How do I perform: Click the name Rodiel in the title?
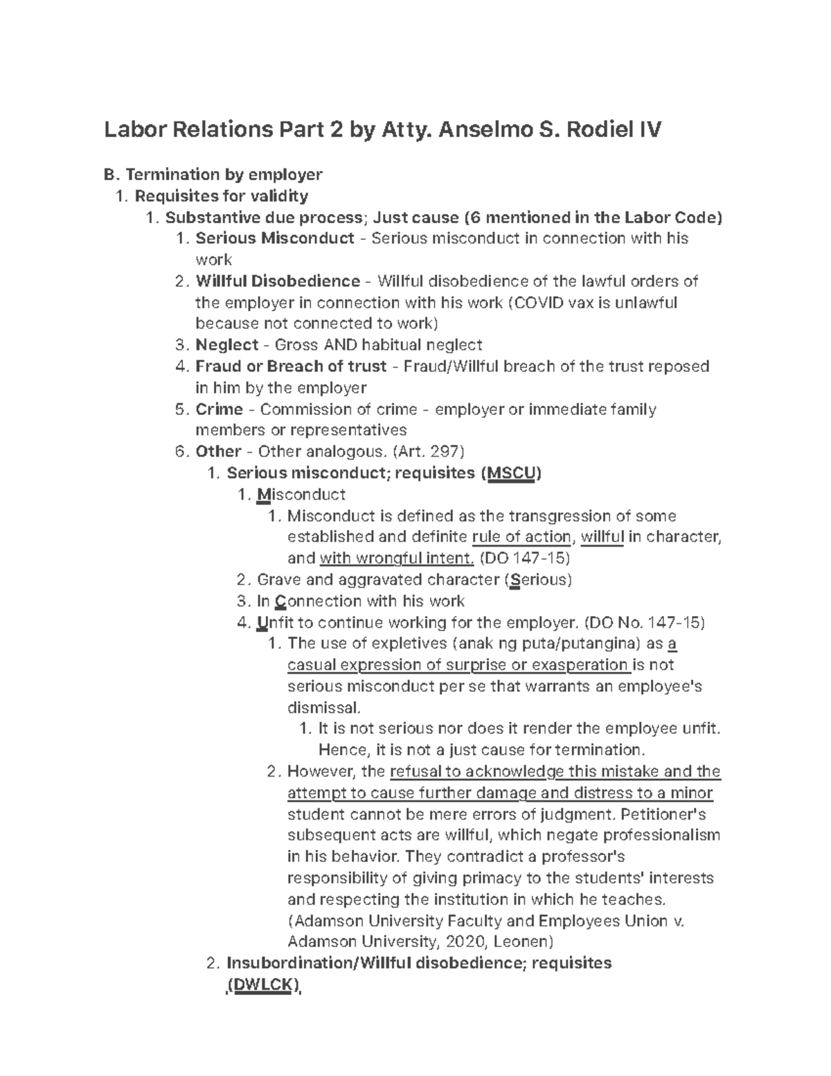pos(597,130)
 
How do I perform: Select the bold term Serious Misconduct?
pos(275,238)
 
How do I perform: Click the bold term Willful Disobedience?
pos(278,281)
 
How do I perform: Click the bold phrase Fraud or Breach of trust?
pos(291,367)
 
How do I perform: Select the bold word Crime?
pos(220,409)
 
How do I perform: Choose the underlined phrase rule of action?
pos(521,537)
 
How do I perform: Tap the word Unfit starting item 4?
pos(271,623)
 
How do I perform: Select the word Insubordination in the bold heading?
pos(286,963)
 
